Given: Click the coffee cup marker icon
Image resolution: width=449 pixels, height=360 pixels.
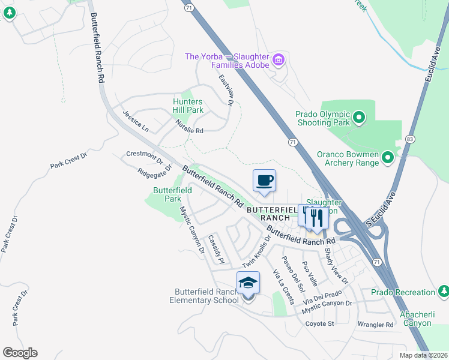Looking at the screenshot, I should point(265,181).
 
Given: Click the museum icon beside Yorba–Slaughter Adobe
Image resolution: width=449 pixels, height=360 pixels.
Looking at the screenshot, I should point(278,59).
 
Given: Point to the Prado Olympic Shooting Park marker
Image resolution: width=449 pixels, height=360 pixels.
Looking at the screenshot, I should point(359,117).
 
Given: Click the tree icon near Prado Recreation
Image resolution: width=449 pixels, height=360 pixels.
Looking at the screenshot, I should point(444,292).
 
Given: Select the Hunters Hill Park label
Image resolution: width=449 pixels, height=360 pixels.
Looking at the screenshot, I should point(187,106).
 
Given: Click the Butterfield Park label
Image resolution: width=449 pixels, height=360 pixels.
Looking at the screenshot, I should point(172,194).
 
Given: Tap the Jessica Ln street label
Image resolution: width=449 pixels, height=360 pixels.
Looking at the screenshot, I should point(135,120).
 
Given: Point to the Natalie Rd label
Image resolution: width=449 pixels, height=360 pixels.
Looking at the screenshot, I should point(190,127).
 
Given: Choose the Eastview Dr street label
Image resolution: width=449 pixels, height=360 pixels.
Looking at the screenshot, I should point(226,90).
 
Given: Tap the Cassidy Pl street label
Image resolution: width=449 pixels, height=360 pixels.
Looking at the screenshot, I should point(215,249).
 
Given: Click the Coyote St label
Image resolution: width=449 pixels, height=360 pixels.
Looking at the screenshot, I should point(319,324).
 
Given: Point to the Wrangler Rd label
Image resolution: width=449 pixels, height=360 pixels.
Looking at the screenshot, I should point(375,325).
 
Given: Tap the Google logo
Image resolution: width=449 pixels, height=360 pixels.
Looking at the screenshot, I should point(20,353).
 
